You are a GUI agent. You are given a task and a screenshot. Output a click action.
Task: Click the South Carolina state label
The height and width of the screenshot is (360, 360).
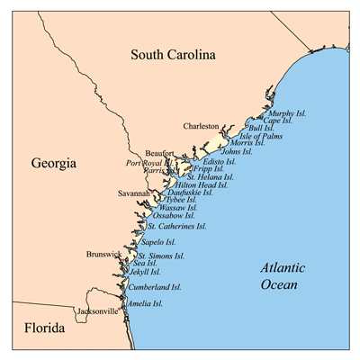point(173,55)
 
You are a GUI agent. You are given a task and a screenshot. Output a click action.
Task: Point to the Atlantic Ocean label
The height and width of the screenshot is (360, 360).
point(283,277)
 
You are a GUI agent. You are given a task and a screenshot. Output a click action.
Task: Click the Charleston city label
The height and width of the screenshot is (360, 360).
point(199,127)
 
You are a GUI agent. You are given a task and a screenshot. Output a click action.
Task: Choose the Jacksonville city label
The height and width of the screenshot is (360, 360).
point(97,310)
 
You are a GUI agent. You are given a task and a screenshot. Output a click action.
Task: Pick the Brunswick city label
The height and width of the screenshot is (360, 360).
point(103,255)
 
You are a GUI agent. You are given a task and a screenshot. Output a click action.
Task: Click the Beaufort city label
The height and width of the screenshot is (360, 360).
point(160,154)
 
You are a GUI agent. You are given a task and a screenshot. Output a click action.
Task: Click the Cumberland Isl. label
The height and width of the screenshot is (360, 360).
point(154,287)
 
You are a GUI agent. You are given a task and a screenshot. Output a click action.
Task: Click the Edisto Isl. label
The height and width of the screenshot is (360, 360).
point(220,160)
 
